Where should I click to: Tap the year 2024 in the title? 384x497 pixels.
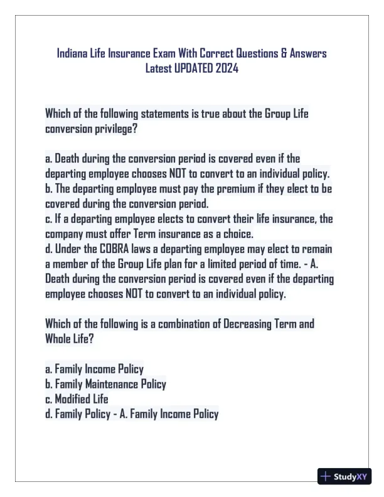pyautogui.click(x=226, y=68)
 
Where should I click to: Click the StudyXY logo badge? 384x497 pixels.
pyautogui.click(x=344, y=476)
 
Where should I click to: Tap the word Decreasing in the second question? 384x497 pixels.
pyautogui.click(x=248, y=324)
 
